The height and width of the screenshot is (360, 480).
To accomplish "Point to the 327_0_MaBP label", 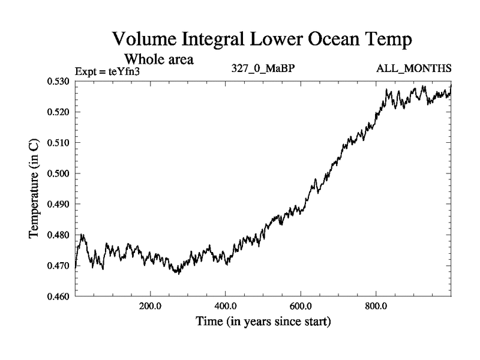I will tap(263, 68).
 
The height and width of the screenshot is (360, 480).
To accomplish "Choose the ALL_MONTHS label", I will tap(413, 68).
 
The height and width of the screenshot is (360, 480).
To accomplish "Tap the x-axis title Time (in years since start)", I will tap(263, 322).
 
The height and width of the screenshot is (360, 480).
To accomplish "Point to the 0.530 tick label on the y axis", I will tap(58, 82).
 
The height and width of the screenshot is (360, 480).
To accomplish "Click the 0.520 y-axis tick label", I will tap(58, 112).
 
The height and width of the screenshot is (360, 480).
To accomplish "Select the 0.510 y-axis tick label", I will tap(58, 143).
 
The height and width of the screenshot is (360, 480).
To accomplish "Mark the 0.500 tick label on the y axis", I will tap(58, 173).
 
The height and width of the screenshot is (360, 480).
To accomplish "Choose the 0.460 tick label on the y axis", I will tap(58, 296).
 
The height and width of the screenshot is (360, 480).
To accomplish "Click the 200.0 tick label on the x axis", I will tap(150, 306).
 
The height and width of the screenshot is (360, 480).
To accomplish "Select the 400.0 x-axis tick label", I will tap(226, 306).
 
